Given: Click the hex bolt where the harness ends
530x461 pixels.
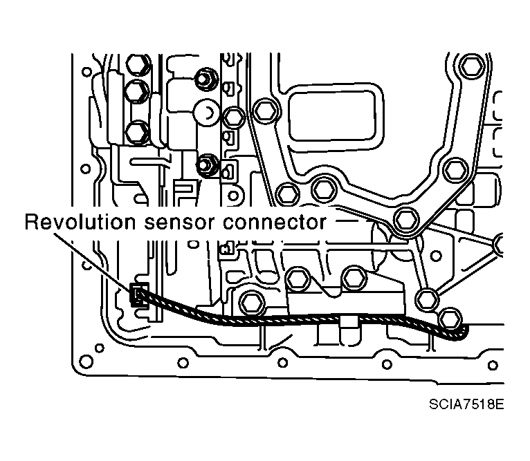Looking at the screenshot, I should (449, 317).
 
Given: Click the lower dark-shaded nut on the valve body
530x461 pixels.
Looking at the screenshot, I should (205, 166).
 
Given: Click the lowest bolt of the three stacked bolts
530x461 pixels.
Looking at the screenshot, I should (138, 129).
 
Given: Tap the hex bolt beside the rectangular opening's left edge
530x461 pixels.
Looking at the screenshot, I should (262, 110).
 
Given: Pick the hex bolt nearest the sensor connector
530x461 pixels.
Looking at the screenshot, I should (249, 303).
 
